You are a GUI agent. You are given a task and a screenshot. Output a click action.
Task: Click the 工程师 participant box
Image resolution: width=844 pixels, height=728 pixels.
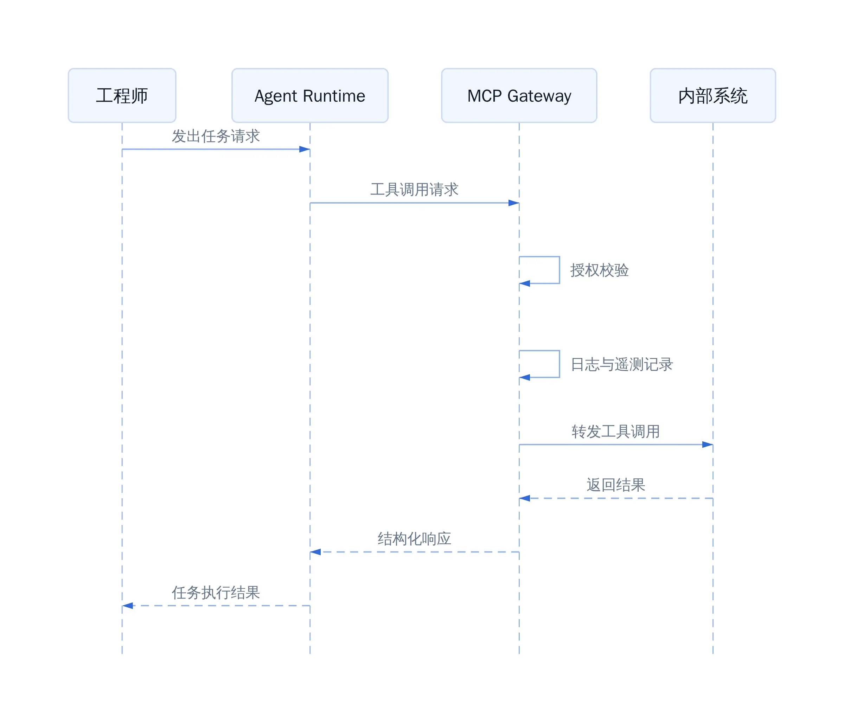(x=122, y=95)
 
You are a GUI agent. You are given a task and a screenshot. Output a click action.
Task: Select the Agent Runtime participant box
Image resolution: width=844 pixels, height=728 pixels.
(x=310, y=95)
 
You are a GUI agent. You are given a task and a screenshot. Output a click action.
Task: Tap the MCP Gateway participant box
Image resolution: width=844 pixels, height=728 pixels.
(x=519, y=95)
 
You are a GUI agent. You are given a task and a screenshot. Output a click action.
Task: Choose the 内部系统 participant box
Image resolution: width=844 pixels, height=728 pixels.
(x=713, y=95)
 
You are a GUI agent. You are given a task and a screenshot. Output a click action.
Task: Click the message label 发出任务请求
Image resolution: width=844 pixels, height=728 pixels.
(x=216, y=136)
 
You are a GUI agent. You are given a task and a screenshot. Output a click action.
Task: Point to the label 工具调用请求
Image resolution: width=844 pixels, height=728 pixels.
(x=414, y=190)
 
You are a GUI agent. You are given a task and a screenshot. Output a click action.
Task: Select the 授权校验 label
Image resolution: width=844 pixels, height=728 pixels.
(x=600, y=270)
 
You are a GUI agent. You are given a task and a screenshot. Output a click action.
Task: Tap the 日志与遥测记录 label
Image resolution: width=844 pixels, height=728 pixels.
(x=622, y=364)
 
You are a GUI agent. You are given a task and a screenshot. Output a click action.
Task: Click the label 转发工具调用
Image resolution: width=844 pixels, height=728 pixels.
(x=616, y=432)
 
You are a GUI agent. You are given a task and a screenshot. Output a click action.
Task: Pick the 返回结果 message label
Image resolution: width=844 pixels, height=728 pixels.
(x=616, y=485)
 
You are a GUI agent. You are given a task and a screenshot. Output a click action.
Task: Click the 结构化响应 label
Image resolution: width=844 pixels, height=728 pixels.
(x=414, y=538)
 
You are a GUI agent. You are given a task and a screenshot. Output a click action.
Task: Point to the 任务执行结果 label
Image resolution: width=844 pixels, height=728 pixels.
(x=216, y=592)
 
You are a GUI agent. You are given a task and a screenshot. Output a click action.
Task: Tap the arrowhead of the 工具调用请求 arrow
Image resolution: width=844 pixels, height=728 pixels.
(x=514, y=203)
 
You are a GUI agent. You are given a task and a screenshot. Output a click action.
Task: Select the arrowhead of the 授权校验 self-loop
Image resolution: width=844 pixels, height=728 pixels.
(x=524, y=283)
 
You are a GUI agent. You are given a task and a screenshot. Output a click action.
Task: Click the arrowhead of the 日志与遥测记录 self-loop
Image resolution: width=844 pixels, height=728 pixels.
(x=524, y=377)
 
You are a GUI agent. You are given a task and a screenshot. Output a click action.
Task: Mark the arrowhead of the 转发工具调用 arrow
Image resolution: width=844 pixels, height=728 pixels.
(x=708, y=445)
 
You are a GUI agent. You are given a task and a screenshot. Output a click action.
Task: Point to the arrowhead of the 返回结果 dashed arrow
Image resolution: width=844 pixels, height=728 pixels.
(x=524, y=498)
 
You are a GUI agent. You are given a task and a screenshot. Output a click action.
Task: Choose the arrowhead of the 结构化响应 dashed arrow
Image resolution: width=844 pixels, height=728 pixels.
(x=315, y=552)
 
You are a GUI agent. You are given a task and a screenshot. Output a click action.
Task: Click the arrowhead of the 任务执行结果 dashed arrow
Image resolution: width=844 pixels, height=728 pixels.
(x=128, y=606)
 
